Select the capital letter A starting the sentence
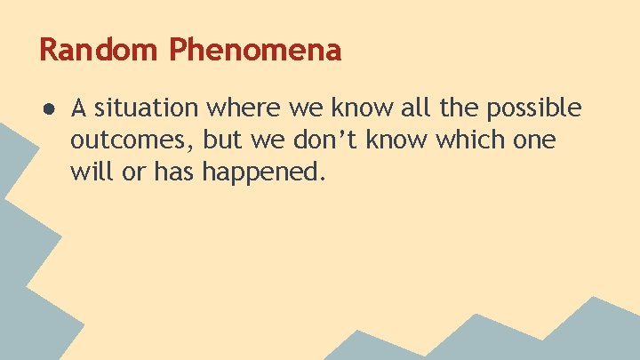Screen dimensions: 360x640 click(79, 108)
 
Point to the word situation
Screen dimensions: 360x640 click(148, 108)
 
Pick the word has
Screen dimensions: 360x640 click(174, 172)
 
